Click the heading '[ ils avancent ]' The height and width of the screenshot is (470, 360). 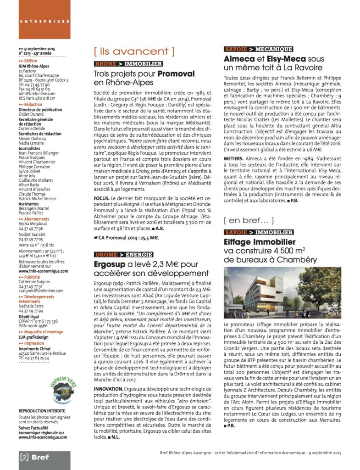click(x=134, y=51)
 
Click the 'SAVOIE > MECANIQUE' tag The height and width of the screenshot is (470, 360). click(x=258, y=49)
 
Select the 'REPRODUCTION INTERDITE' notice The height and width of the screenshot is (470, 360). click(x=42, y=411)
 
